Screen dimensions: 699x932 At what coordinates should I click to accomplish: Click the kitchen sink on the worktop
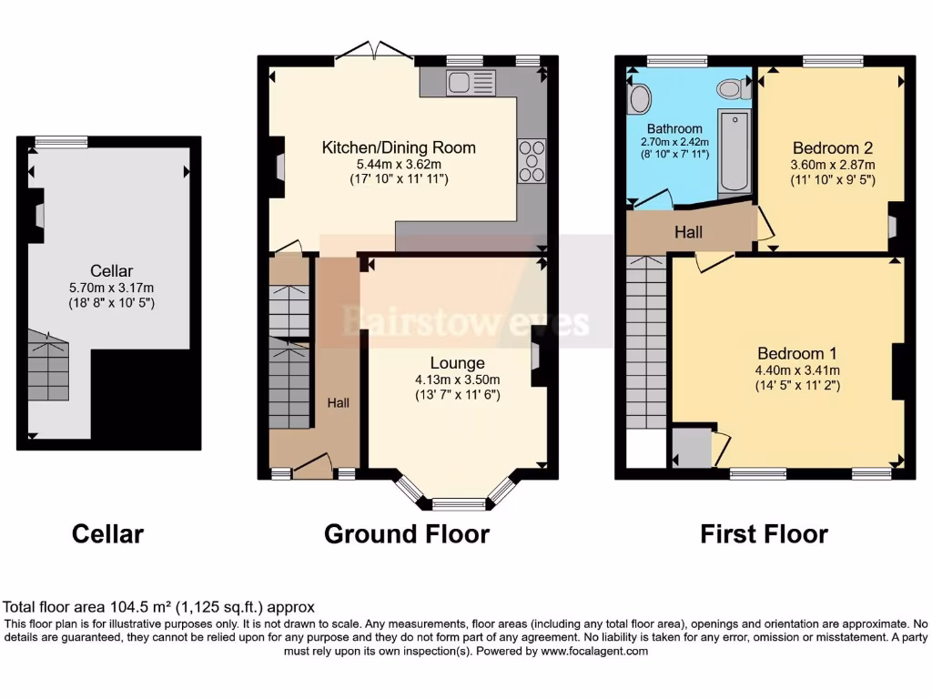pyautogui.click(x=471, y=83)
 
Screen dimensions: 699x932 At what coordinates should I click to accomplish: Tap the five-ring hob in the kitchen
pyautogui.click(x=532, y=161)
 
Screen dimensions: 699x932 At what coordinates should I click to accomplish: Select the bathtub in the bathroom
pyautogui.click(x=734, y=153)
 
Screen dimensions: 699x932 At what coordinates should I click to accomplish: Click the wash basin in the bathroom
pyautogui.click(x=638, y=97)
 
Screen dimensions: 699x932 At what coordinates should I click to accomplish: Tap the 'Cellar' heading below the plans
pyautogui.click(x=107, y=533)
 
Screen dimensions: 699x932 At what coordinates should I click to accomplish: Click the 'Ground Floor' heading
pyautogui.click(x=406, y=533)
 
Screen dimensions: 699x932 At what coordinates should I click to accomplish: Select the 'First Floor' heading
pyautogui.click(x=764, y=533)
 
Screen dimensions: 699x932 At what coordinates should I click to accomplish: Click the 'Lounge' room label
pyautogui.click(x=457, y=363)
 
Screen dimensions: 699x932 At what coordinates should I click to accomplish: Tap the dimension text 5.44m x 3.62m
pyautogui.click(x=399, y=164)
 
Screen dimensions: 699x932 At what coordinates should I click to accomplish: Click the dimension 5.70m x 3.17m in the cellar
pyautogui.click(x=111, y=287)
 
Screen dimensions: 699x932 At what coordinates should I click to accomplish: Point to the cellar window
pyautogui.click(x=61, y=141)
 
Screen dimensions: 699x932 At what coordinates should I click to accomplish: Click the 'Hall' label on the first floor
pyautogui.click(x=688, y=233)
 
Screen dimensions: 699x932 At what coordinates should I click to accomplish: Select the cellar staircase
pyautogui.click(x=48, y=366)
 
